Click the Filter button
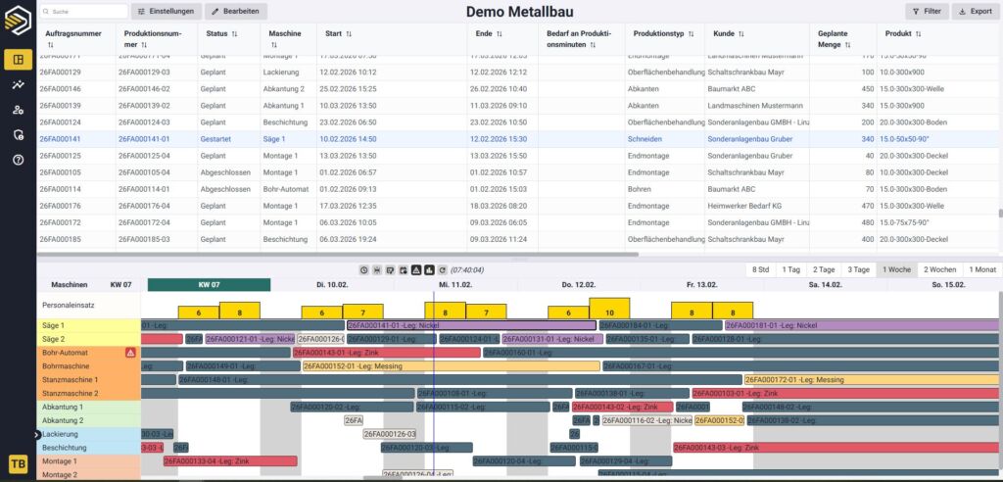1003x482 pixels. pos(926,11)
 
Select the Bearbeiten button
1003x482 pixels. pos(237,11)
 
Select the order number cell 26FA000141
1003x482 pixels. pos(61,139)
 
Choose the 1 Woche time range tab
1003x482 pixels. pos(897,269)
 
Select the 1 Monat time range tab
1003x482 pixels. pos(982,269)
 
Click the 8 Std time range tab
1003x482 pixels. pos(760,269)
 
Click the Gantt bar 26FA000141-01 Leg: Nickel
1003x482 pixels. pos(470,325)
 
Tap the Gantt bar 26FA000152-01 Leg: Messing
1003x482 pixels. pos(451,366)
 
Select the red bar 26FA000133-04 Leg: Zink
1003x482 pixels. pos(229,460)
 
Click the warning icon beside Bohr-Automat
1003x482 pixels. pos(130,353)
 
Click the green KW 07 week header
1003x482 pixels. pos(210,285)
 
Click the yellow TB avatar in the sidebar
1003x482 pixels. pos(18,463)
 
